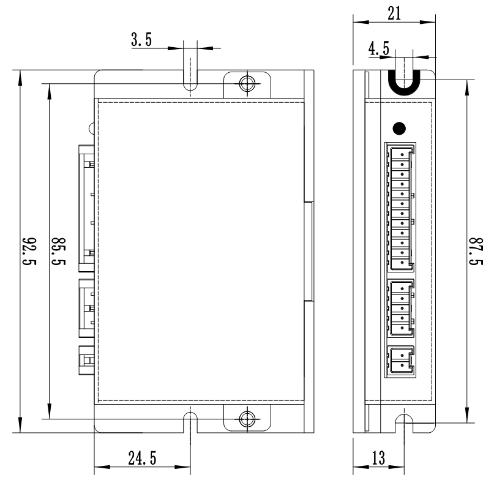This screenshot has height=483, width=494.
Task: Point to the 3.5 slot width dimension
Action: [x=142, y=42]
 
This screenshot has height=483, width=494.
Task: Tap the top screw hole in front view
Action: [x=247, y=83]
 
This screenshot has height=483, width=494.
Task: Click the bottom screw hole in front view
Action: [x=247, y=419]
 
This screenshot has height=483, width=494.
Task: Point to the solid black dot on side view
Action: [x=399, y=129]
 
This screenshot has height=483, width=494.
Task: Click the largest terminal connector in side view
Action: [x=400, y=207]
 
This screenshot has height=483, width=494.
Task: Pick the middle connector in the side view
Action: [x=400, y=308]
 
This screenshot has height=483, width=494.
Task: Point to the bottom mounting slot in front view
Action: [x=190, y=422]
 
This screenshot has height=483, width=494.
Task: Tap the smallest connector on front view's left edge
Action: [x=86, y=360]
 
